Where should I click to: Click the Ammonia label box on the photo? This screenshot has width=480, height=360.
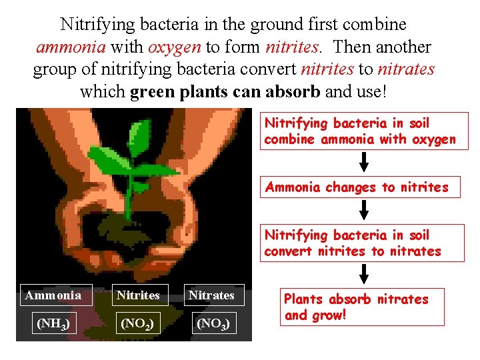(53, 295)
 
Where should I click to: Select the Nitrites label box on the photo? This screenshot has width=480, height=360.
(138, 295)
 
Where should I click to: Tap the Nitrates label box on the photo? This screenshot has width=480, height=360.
(211, 295)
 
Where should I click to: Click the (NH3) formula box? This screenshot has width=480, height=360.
(53, 325)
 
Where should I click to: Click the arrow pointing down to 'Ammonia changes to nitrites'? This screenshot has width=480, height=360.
(364, 162)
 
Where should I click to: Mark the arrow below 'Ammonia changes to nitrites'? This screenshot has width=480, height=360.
(364, 210)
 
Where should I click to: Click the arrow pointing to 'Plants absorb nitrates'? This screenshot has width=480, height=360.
(364, 273)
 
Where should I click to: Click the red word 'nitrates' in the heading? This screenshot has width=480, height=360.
(407, 69)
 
